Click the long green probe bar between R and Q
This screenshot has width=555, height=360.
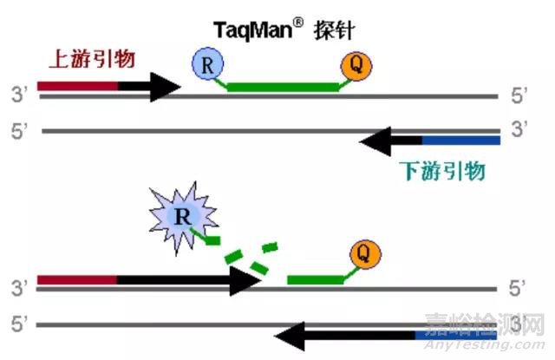[x=282, y=86]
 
